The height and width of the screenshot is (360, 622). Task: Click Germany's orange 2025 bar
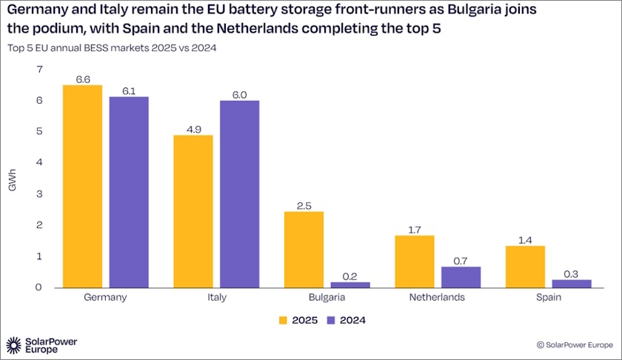[x=82, y=186]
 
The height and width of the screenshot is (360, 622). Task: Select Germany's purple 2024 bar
[x=129, y=192]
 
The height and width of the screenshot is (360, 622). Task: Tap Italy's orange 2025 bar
[x=193, y=211]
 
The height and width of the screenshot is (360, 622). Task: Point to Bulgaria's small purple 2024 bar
[x=350, y=284]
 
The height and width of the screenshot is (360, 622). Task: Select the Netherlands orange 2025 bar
[x=415, y=261]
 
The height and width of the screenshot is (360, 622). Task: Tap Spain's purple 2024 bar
[x=572, y=283]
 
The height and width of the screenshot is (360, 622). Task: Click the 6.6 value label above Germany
[x=82, y=79]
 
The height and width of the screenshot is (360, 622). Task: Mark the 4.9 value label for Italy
[x=193, y=129]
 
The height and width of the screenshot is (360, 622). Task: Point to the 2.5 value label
[x=304, y=204]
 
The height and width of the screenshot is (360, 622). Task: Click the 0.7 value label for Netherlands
[x=461, y=260]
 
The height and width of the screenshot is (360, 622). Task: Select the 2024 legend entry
[x=346, y=321]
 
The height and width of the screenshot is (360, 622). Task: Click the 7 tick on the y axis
[x=39, y=70]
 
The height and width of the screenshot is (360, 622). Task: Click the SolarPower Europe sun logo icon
[x=14, y=344]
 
